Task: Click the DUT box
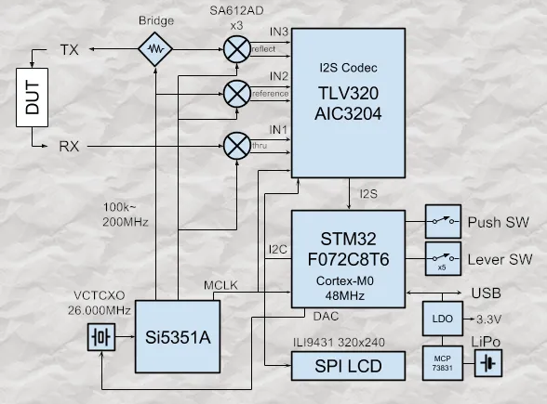(32, 98)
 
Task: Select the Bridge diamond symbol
(155, 49)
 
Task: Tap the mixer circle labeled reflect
(237, 49)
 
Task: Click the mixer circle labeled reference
(237, 94)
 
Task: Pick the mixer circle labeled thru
(237, 146)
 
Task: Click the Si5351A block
(178, 337)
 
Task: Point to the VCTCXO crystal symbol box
(101, 337)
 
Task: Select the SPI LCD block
(348, 366)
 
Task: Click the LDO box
(443, 319)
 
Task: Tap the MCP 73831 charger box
(443, 363)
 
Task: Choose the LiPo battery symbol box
(488, 364)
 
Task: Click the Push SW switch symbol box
(443, 221)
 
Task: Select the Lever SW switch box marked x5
(443, 259)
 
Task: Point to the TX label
(70, 50)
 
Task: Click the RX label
(69, 147)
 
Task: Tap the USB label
(487, 293)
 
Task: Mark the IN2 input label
(279, 76)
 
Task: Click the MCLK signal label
(220, 285)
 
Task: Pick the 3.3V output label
(488, 319)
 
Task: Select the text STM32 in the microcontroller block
(348, 239)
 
